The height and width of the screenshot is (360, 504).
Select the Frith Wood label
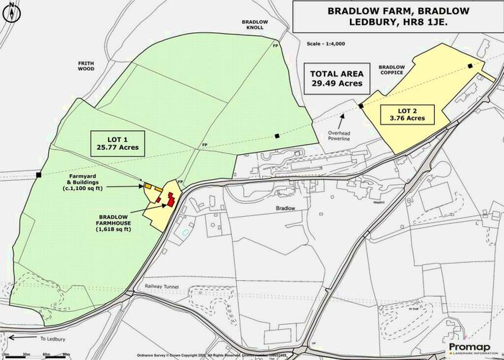(86, 66)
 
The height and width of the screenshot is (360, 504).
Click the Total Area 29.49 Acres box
(336, 78)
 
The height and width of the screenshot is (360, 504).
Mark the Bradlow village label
(287, 208)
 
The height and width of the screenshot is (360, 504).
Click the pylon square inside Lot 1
(278, 135)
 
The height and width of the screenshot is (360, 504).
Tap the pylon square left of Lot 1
(38, 174)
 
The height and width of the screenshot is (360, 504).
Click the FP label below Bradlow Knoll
(274, 46)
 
